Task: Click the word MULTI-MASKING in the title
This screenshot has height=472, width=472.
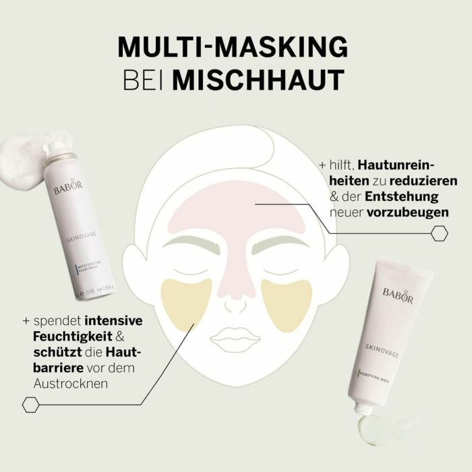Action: (233, 48)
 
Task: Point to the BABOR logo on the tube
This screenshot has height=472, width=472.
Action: (397, 291)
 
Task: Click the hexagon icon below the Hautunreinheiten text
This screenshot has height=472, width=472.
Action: (439, 233)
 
